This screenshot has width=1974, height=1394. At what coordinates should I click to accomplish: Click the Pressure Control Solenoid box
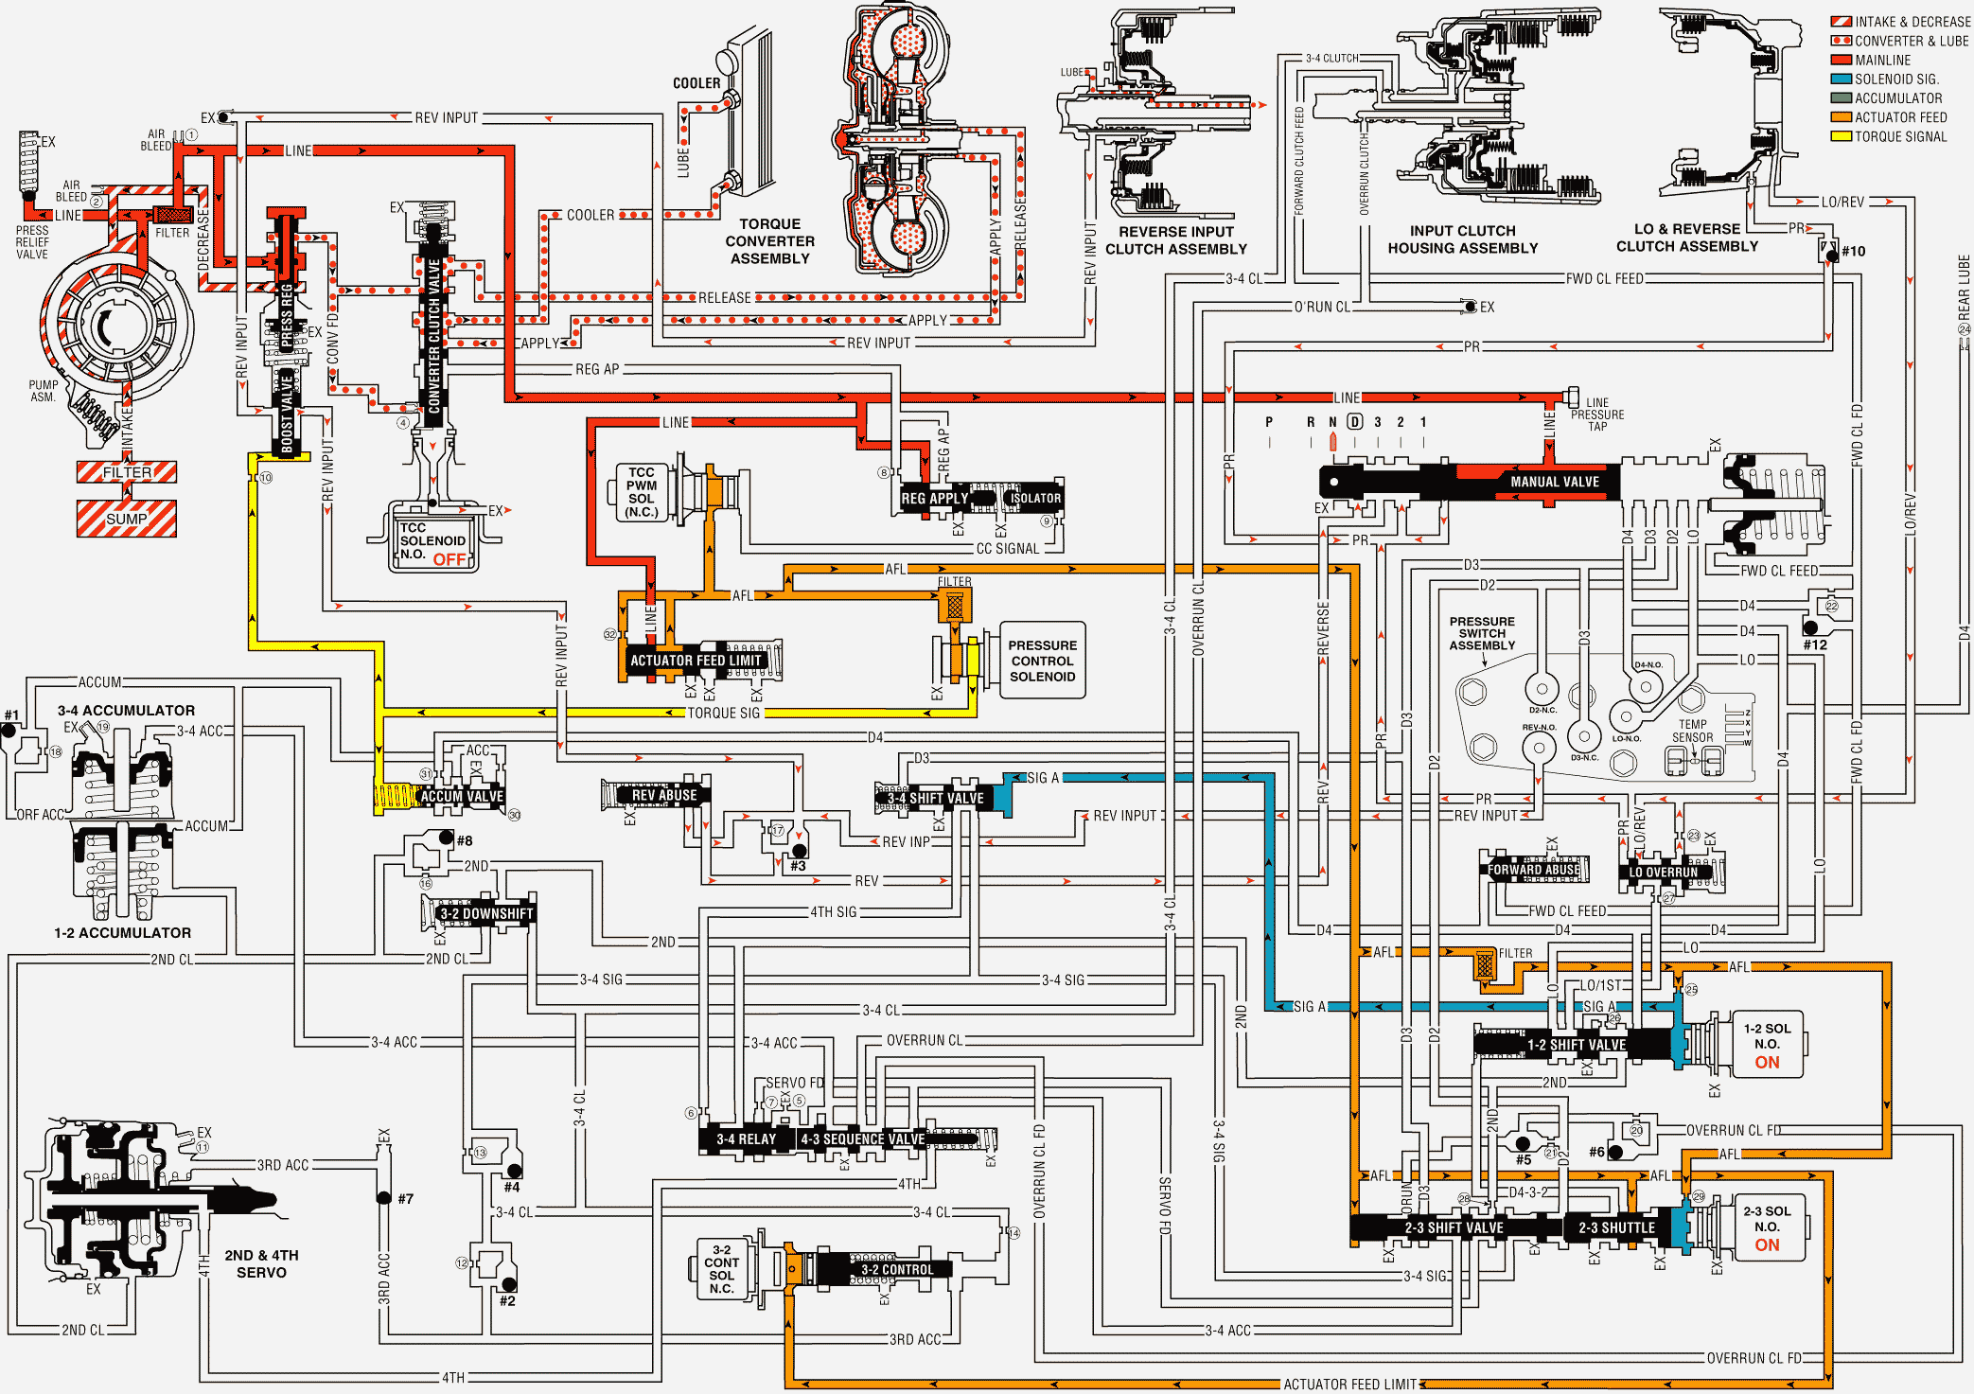point(1042,661)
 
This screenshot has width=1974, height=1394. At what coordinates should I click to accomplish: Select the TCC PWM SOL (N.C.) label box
point(641,492)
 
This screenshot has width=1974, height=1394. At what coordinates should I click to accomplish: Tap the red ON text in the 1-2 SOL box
point(1767,1062)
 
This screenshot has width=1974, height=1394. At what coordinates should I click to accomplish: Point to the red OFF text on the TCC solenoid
point(449,559)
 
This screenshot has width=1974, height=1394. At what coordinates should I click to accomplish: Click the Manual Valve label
point(1554,482)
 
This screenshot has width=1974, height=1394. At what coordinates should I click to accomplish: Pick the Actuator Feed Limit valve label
point(696,661)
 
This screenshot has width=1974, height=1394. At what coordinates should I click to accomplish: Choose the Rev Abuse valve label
point(663,795)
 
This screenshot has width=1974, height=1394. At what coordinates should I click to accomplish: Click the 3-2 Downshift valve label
point(486,913)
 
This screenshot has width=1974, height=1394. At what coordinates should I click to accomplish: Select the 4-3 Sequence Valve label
point(862,1139)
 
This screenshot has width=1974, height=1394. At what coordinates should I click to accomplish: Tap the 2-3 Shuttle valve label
point(1616,1227)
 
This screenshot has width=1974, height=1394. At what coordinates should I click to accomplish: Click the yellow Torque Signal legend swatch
point(1841,136)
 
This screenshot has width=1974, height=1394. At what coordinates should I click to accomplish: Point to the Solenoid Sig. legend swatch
point(1841,79)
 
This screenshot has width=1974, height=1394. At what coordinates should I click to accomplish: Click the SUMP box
point(127,519)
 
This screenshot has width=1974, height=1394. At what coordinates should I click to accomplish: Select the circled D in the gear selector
point(1354,422)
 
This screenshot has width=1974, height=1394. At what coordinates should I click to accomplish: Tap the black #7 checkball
point(384,1198)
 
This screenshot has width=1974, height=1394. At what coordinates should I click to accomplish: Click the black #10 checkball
point(1832,256)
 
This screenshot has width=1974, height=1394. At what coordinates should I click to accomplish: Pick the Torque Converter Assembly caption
point(769,241)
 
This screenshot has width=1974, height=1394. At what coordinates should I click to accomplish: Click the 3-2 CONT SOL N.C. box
point(721,1269)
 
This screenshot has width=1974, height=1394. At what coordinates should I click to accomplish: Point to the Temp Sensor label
point(1692,731)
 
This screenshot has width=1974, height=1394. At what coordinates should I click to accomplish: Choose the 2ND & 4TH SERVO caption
point(261,1263)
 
